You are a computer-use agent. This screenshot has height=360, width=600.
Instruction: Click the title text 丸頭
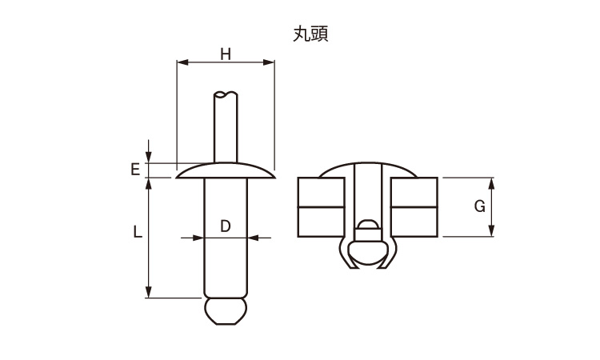tap(311, 33)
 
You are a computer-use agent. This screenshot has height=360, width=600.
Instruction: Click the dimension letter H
tap(225, 54)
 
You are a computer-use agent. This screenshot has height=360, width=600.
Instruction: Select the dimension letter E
tap(136, 170)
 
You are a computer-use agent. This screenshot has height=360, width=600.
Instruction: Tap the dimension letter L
tap(137, 233)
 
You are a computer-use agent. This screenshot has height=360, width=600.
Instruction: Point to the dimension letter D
tap(226, 226)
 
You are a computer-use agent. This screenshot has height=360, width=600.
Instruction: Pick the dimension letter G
tap(480, 206)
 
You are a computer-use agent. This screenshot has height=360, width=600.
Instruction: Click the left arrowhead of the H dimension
tap(180, 62)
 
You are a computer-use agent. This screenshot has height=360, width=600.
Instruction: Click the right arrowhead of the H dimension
tap(270, 62)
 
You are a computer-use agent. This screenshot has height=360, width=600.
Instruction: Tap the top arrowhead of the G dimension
tap(491, 182)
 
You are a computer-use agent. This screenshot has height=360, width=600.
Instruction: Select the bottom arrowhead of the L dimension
tap(149, 293)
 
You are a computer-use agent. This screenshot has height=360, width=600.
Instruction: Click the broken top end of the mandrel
tap(226, 95)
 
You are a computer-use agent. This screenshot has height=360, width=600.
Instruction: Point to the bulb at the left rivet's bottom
tap(225, 310)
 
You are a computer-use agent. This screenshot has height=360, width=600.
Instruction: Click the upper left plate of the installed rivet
tap(322, 192)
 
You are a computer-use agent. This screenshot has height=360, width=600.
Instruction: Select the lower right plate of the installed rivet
tap(414, 222)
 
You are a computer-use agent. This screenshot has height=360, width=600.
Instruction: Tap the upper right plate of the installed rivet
tap(414, 192)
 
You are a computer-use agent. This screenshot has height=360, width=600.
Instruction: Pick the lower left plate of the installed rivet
tap(322, 222)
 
